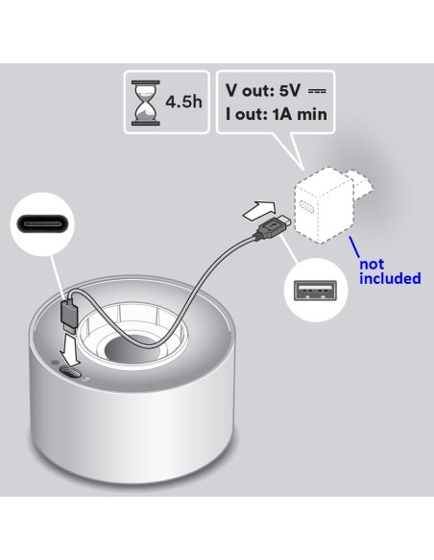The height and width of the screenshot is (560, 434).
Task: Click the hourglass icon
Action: [146, 103]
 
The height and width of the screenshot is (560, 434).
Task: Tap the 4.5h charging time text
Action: [183, 103]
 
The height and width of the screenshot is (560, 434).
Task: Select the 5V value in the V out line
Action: [290, 91]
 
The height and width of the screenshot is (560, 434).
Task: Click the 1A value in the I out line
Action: [283, 114]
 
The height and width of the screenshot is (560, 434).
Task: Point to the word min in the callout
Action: [312, 114]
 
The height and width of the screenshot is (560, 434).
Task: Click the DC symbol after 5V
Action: [317, 91]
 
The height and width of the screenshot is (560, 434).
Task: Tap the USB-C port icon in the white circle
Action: [42, 224]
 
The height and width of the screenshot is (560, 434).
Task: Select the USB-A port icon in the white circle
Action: [315, 291]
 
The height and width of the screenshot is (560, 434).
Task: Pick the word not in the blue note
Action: [372, 265]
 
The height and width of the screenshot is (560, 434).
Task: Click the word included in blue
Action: [390, 278]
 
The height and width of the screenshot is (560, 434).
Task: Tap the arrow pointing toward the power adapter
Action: [259, 209]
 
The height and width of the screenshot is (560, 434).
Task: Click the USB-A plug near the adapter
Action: [273, 227]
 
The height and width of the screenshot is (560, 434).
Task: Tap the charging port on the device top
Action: [71, 372]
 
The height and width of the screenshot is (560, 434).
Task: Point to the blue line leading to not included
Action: [354, 246]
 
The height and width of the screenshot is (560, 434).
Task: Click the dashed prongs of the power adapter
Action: [359, 183]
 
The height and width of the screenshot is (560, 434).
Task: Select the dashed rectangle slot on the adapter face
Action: [306, 206]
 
